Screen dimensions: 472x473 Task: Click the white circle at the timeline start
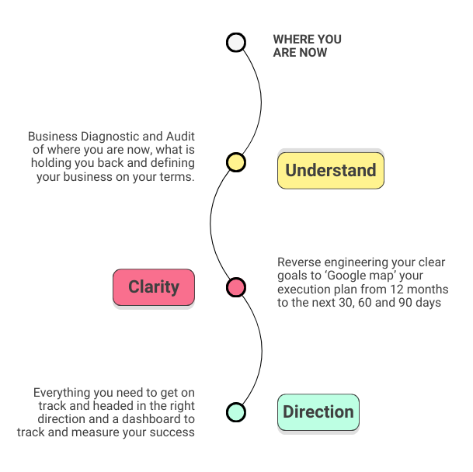coord(236,42)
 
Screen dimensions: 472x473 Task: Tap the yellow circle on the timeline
coord(236,162)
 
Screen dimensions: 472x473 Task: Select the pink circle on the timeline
coord(236,287)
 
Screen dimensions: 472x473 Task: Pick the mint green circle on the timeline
coord(236,411)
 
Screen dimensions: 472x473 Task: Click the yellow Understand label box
coord(331,171)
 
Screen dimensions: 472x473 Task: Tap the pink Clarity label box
coord(154,287)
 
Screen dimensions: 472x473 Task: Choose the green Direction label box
coord(318,412)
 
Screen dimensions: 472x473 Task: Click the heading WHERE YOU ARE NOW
coord(307,46)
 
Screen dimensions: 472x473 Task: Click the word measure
coord(101,432)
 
